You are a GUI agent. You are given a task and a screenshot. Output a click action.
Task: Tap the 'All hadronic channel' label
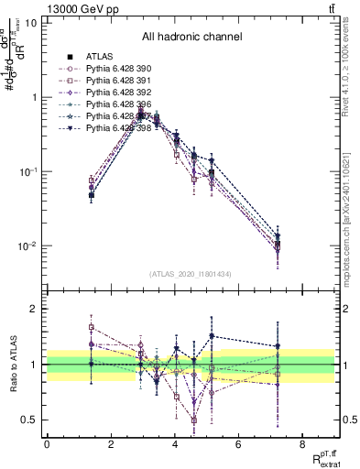tap(191, 38)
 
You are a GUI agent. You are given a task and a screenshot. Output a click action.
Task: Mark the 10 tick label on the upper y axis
tap(31, 22)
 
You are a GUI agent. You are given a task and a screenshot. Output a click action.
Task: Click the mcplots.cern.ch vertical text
tap(352, 220)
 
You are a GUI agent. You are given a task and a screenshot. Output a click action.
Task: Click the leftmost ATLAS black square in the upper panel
tap(92, 195)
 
